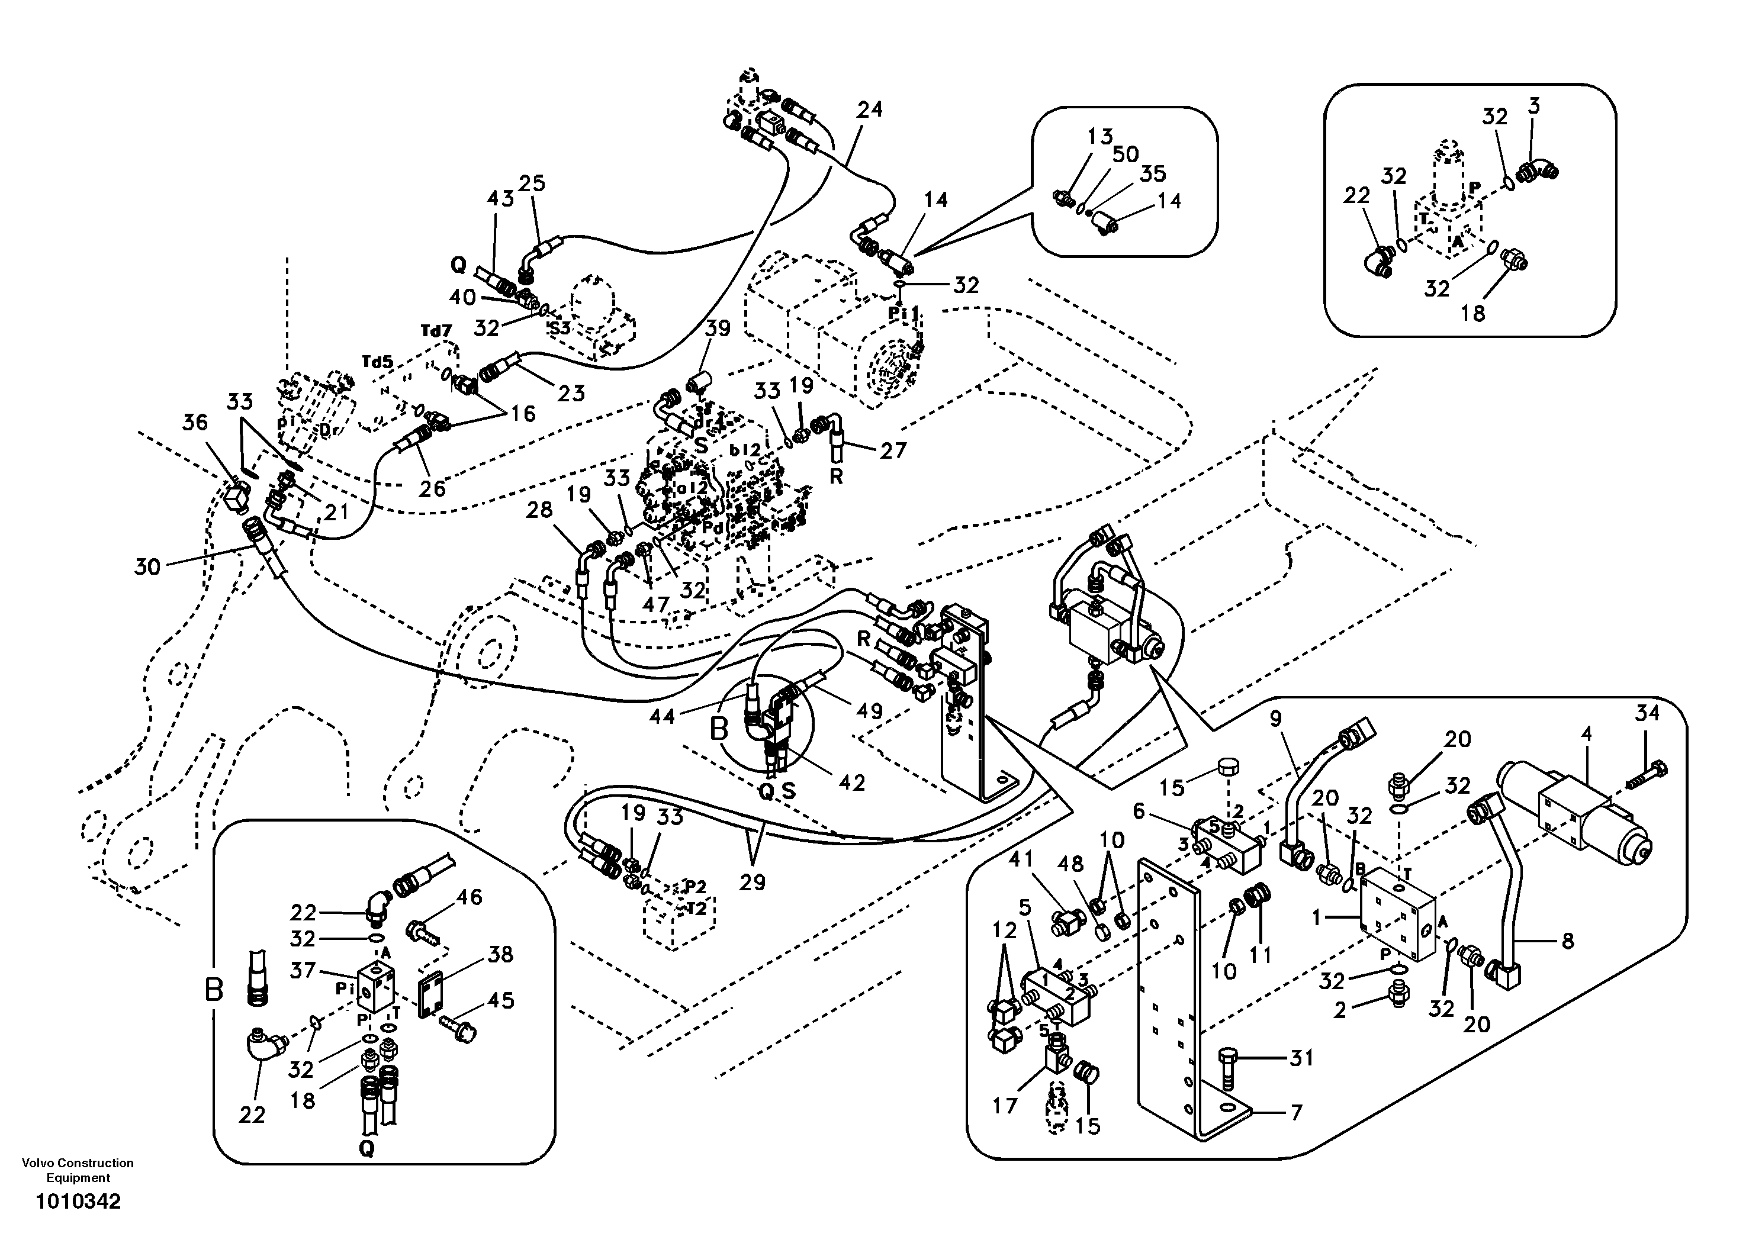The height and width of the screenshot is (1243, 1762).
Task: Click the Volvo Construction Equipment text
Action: pyautogui.click(x=78, y=1170)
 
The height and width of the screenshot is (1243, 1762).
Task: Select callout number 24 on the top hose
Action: pyautogui.click(x=870, y=109)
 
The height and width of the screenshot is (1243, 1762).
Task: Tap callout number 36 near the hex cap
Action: pyautogui.click(x=195, y=422)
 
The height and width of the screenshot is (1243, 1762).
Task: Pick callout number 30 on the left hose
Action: pyautogui.click(x=147, y=567)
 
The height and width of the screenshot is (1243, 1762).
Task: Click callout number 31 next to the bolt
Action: pyautogui.click(x=1301, y=1058)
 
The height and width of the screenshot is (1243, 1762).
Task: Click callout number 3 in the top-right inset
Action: pyautogui.click(x=1533, y=105)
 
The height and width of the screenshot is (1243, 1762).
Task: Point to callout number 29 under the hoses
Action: pyautogui.click(x=752, y=883)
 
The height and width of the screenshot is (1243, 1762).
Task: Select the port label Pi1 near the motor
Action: pyautogui.click(x=904, y=314)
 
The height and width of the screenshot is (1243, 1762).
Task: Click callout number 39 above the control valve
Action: pyautogui.click(x=718, y=328)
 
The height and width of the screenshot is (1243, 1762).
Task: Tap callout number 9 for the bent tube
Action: pyautogui.click(x=1275, y=719)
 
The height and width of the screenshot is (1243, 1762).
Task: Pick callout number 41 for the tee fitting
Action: pyautogui.click(x=1021, y=860)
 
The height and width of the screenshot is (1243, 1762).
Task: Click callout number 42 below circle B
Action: pyautogui.click(x=852, y=782)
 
